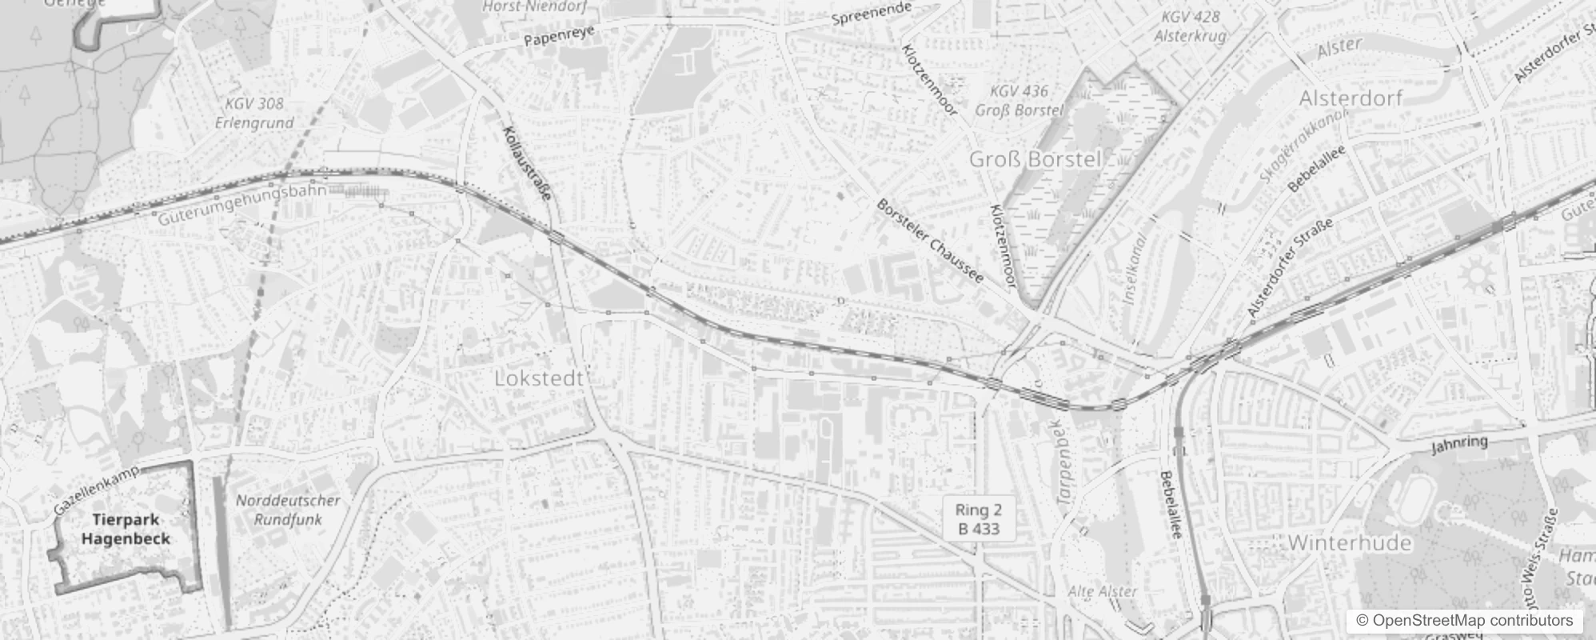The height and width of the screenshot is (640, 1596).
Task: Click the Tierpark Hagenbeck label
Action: click(126, 530)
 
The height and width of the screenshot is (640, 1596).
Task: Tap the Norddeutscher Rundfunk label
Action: click(288, 510)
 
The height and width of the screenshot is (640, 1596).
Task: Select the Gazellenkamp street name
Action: click(97, 490)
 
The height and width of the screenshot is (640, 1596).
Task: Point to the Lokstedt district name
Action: click(539, 378)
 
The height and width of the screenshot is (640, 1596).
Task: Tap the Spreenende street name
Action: click(872, 14)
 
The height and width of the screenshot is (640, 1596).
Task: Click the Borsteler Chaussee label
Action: click(930, 240)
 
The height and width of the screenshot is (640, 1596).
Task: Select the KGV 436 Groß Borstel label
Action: click(1019, 101)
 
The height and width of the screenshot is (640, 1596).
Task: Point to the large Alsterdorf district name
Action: click(1351, 98)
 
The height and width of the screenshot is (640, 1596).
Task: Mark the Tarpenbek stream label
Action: click(1068, 462)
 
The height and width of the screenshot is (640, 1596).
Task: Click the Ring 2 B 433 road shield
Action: click(979, 518)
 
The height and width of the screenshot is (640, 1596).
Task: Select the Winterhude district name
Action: click(1349, 543)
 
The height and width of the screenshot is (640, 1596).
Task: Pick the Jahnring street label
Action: click(1460, 444)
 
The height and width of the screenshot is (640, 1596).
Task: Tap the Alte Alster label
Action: click(1103, 591)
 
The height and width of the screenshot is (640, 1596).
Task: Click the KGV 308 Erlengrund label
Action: click(254, 113)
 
